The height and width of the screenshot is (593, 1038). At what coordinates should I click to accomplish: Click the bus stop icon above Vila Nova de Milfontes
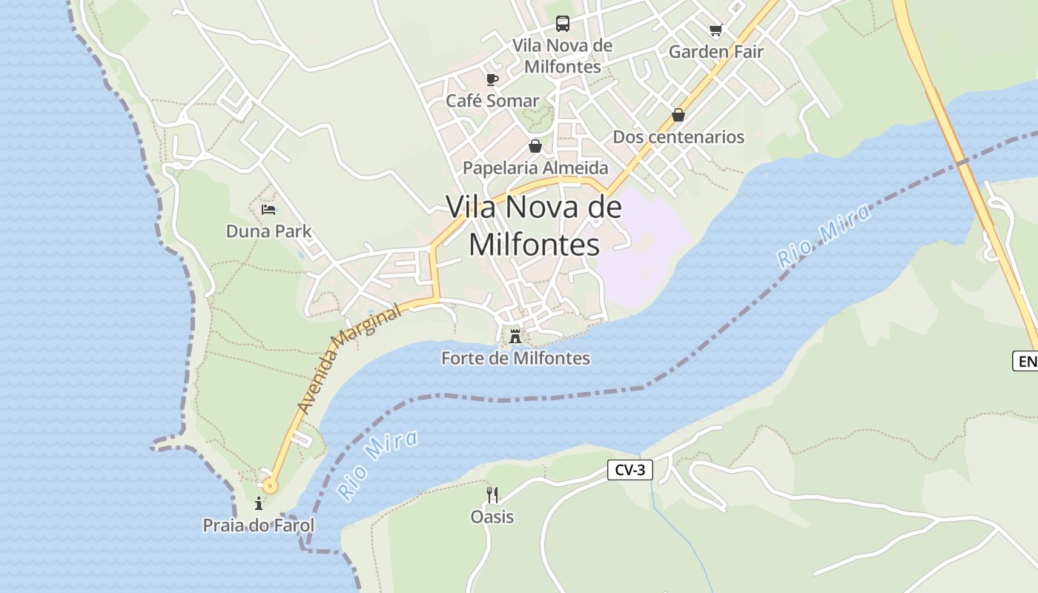click(x=563, y=24)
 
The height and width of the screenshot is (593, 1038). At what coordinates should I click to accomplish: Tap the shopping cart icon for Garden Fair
click(x=715, y=30)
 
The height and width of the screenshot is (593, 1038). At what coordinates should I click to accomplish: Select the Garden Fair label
click(x=715, y=52)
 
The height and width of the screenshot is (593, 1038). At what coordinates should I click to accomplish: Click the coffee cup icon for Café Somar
click(x=492, y=79)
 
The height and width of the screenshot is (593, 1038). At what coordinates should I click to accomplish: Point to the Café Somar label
click(x=492, y=101)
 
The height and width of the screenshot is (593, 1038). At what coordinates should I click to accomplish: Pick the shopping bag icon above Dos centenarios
click(x=678, y=115)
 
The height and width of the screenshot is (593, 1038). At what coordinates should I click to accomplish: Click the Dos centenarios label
click(x=678, y=137)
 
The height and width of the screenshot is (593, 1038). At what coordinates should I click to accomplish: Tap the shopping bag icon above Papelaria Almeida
click(x=535, y=146)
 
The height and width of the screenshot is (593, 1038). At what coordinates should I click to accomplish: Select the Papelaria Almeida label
click(x=535, y=168)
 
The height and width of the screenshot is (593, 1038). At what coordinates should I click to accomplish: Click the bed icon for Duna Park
click(x=268, y=210)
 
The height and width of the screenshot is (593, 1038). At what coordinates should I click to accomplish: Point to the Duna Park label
click(x=268, y=232)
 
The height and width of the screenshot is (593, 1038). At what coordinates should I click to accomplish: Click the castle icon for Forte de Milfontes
click(x=515, y=337)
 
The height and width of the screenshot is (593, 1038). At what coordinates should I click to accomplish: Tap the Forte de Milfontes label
click(x=515, y=359)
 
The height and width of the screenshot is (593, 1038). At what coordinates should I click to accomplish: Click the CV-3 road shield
click(x=629, y=470)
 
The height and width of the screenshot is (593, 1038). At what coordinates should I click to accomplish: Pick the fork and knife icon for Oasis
click(x=492, y=494)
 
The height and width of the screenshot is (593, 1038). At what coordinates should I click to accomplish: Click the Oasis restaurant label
click(x=492, y=517)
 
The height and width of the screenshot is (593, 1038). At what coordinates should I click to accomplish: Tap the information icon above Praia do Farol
click(x=259, y=504)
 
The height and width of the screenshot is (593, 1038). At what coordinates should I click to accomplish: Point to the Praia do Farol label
click(x=259, y=526)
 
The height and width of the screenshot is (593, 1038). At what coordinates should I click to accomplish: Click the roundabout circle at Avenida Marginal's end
click(x=270, y=486)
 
